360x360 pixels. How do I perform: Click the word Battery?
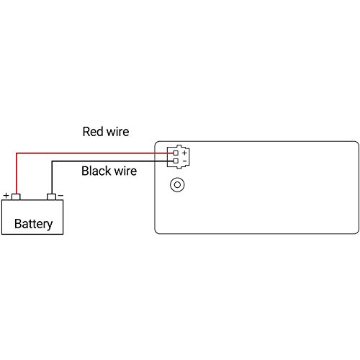tap(34, 224)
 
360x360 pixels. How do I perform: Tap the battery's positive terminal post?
tap(17, 196)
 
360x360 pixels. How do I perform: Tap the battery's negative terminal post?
tap(51, 196)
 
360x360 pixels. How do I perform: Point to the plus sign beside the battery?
tap(6, 195)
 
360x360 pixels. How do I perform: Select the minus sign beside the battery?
tap(60, 195)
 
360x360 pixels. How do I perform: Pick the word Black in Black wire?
tap(96, 171)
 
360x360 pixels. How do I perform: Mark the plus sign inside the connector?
tap(184, 153)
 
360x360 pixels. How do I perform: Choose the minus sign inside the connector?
tap(184, 161)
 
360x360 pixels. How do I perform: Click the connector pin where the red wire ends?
tap(176, 153)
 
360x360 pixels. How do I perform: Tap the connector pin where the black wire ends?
tap(176, 161)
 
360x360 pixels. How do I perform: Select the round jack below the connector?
tap(176, 185)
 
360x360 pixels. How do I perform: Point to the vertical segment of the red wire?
tap(17, 173)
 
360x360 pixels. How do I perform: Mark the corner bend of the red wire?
tap(17, 153)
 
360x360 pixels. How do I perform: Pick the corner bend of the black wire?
tap(51, 161)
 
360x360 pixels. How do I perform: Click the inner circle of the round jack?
tap(176, 185)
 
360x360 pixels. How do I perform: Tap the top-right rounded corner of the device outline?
tap(356, 144)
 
